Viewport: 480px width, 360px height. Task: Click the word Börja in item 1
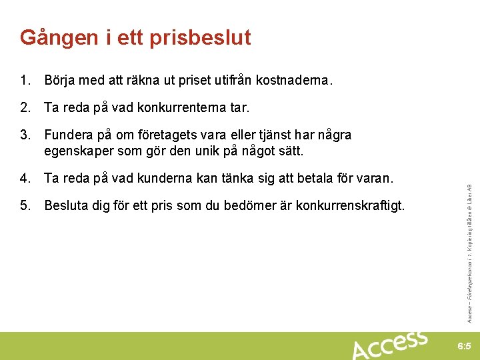click(59, 81)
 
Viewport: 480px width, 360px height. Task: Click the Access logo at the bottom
click(389, 345)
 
